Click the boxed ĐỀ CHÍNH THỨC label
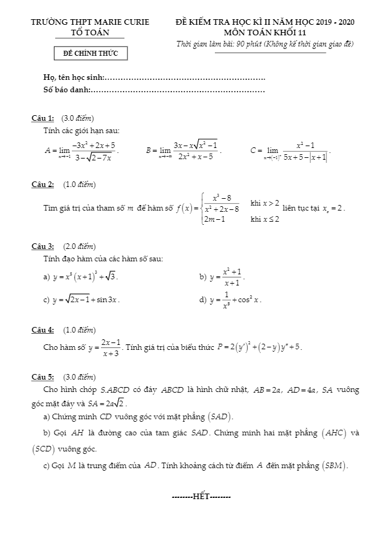90,54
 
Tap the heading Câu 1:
43,118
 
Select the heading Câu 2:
43,184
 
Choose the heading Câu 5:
43,377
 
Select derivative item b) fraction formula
227,276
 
